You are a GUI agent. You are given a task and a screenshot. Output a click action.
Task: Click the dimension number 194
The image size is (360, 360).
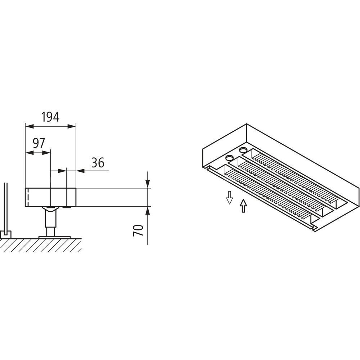(x=50, y=117)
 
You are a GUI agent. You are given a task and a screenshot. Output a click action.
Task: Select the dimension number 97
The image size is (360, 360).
(x=39, y=143)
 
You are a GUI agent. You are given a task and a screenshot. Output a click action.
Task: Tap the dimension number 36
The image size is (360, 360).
(x=98, y=163)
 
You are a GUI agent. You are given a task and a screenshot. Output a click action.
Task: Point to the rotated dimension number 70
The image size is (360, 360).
(x=138, y=230)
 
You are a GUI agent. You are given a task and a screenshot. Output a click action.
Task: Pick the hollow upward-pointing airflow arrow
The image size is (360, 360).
(x=243, y=206)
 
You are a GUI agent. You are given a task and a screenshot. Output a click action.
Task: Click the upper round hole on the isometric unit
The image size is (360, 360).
(x=243, y=150)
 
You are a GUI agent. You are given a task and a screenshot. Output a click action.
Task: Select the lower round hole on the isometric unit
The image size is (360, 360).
(x=229, y=158)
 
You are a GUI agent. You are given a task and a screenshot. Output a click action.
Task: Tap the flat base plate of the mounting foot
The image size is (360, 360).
(x=55, y=237)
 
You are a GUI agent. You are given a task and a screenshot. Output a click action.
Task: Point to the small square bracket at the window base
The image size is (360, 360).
(x=5, y=234)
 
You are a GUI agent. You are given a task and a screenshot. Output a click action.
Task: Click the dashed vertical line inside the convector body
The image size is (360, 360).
(x=28, y=197)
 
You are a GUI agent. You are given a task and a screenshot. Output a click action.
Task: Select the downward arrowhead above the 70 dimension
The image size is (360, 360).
(x=148, y=184)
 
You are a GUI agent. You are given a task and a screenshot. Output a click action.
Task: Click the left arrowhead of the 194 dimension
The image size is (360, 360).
(x=30, y=126)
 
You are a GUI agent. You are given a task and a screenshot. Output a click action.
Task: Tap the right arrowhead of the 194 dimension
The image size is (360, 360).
(x=71, y=126)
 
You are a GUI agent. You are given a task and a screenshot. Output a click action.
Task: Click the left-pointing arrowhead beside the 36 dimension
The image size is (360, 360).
(x=80, y=171)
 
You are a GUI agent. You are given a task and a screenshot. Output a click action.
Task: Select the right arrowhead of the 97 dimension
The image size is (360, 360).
(x=46, y=153)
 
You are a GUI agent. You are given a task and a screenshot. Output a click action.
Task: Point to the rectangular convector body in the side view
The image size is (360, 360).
(x=50, y=197)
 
